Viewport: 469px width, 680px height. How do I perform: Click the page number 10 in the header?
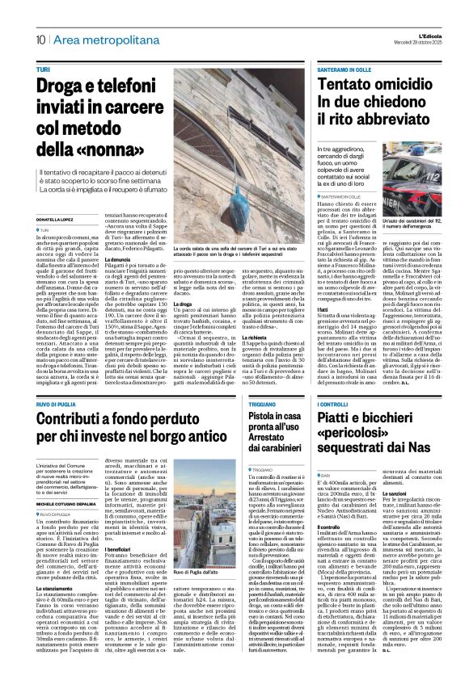(40, 39)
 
